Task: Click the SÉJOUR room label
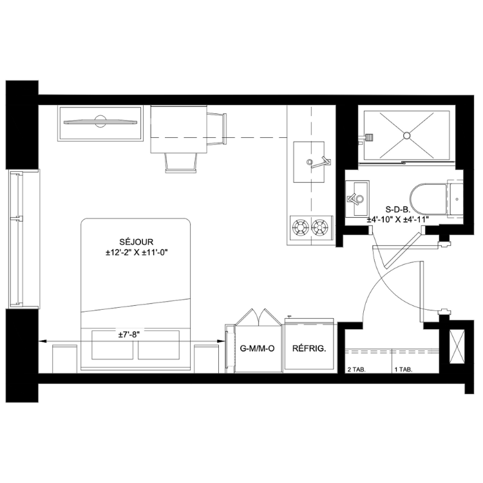tap(136, 241)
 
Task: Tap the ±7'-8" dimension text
tap(129, 335)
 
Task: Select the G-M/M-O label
tap(257, 348)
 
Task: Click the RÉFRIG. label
tap(309, 348)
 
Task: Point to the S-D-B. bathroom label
tap(398, 210)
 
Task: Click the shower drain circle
tap(406, 135)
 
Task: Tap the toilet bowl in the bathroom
tap(428, 199)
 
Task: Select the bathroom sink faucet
tap(355, 198)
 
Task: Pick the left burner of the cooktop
tap(299, 227)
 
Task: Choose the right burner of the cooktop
tap(319, 227)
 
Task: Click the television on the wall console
tap(100, 122)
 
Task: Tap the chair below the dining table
tap(181, 163)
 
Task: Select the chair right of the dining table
tap(216, 129)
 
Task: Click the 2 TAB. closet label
tap(356, 370)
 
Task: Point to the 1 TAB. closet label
tap(404, 370)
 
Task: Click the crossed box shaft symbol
tap(457, 346)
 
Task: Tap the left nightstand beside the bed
tap(64, 359)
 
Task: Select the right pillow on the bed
tap(158, 345)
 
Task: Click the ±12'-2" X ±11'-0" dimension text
tap(137, 252)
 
